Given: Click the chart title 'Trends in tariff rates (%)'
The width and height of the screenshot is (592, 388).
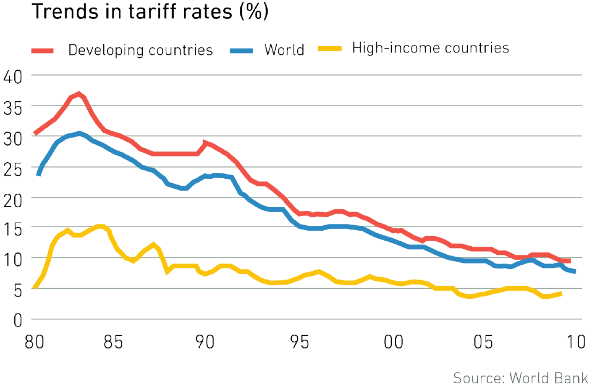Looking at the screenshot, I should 149,12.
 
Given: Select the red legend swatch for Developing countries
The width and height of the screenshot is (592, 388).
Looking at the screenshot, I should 42,50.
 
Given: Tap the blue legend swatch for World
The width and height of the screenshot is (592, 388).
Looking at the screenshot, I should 242,50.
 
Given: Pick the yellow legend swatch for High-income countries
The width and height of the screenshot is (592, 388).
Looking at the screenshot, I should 330,49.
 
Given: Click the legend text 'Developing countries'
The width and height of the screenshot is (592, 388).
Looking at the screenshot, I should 141,50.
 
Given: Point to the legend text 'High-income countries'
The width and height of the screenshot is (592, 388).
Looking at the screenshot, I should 431,48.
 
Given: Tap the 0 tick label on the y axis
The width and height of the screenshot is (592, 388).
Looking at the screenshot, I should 17,320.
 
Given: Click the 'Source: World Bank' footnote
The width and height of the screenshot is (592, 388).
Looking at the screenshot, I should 520,378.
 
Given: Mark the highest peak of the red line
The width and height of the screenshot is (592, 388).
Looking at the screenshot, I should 79,94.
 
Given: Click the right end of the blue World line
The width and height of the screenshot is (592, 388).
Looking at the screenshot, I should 575,271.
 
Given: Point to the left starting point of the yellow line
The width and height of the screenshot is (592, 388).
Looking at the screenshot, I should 35,288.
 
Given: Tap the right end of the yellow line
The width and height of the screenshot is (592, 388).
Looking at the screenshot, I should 561,294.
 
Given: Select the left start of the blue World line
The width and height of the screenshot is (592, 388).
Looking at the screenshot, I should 38,174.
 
